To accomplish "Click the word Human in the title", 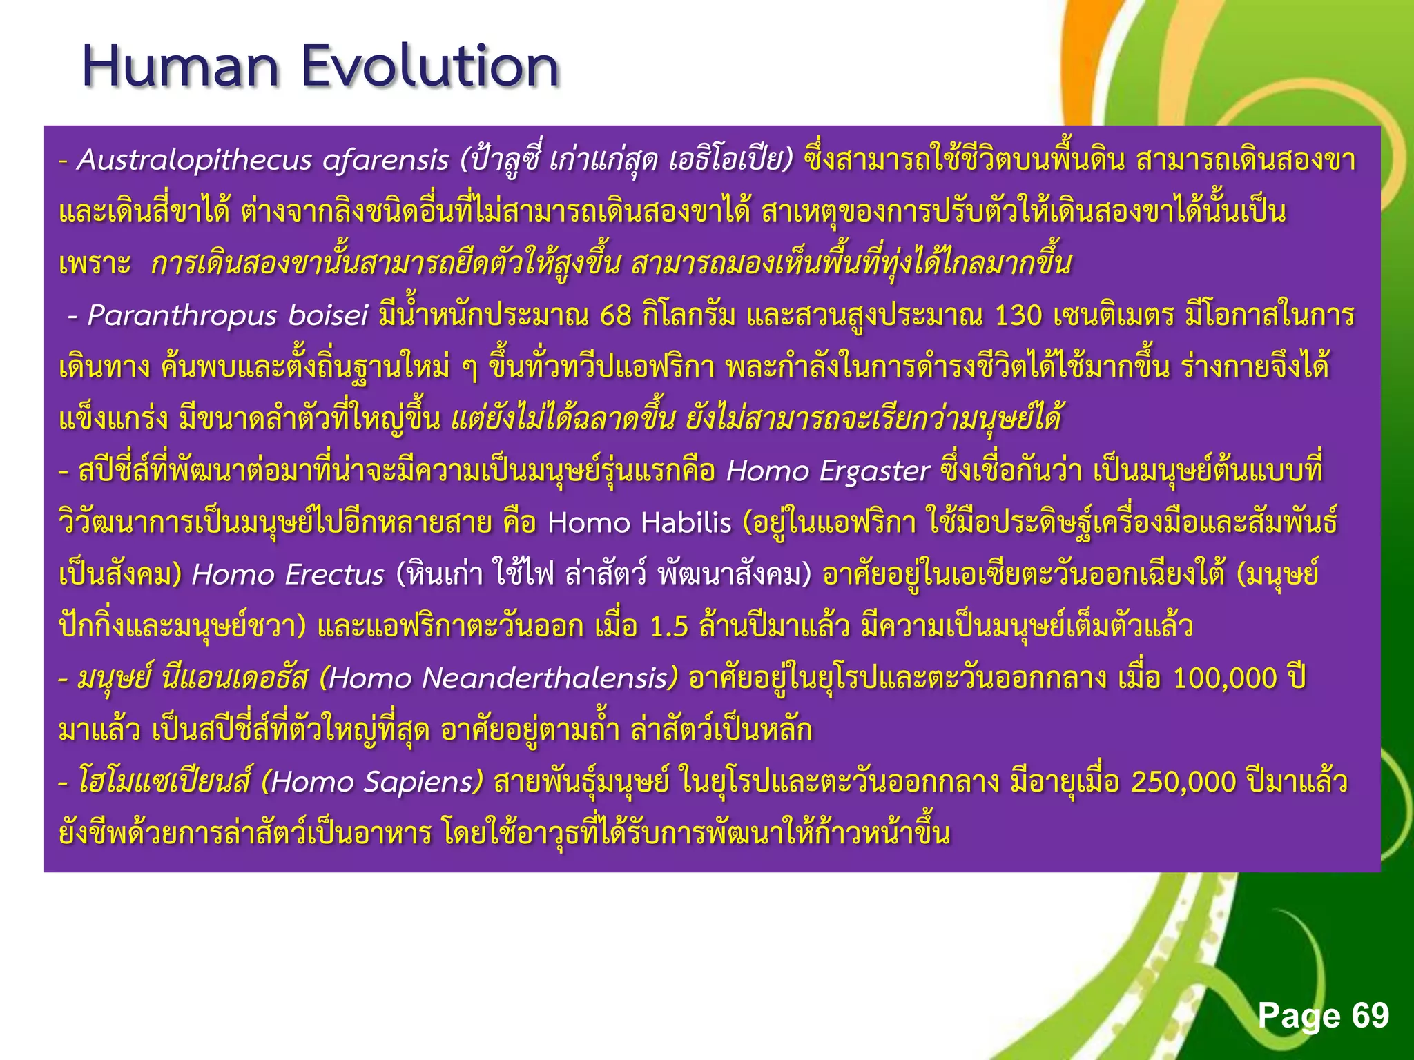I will [x=180, y=67].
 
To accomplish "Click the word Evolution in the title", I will [x=429, y=67].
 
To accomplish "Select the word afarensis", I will [x=386, y=160].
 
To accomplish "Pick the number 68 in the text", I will [x=616, y=315].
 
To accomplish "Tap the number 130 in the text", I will [x=1018, y=315].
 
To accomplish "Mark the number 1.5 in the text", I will [x=670, y=627].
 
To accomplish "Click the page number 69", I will [x=1370, y=1015].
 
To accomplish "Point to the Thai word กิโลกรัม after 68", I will [x=688, y=315].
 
